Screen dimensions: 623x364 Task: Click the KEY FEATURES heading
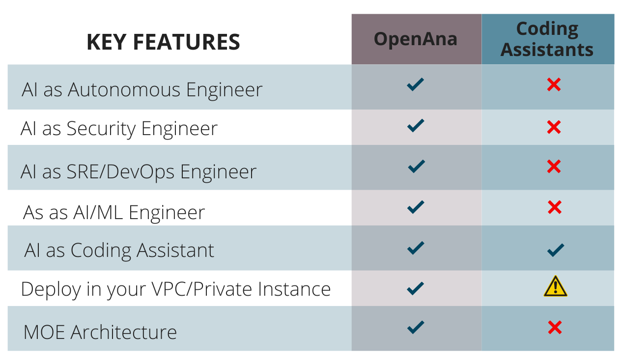(x=163, y=42)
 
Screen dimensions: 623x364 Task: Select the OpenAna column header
(x=416, y=39)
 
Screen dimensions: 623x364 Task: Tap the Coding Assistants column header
(x=547, y=39)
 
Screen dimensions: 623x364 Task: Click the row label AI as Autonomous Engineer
(x=142, y=90)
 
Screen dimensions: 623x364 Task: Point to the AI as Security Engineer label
(x=119, y=129)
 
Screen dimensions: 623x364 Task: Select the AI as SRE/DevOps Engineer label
(x=139, y=172)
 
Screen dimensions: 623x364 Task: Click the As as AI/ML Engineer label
(x=114, y=213)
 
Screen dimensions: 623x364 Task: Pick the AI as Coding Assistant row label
(x=119, y=251)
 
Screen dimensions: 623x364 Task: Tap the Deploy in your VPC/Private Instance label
(x=176, y=289)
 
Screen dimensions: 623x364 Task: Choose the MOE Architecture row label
(x=100, y=332)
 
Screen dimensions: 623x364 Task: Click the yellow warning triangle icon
(x=555, y=286)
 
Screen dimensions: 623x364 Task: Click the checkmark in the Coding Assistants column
(x=556, y=250)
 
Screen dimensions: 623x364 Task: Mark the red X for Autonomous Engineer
(x=554, y=84)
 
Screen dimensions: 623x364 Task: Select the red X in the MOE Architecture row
(x=555, y=327)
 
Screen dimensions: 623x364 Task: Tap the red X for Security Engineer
(x=554, y=127)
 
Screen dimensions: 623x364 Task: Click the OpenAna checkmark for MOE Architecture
(x=416, y=327)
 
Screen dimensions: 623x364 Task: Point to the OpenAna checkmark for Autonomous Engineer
(x=416, y=84)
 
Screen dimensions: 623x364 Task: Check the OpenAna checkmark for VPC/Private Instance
(x=416, y=288)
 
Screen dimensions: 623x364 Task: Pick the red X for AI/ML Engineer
(x=555, y=207)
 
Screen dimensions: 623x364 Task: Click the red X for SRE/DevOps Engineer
(x=554, y=167)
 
